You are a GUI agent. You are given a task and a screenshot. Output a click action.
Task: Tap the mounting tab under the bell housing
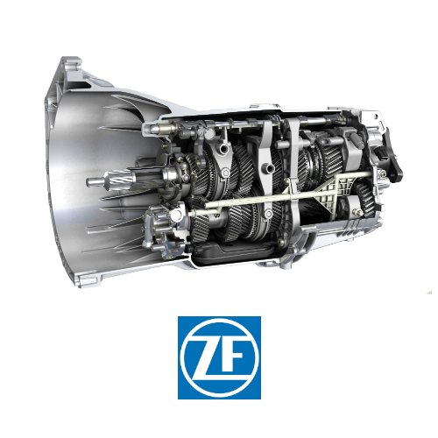coord(87,281)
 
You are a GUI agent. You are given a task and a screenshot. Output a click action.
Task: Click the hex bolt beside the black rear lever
coord(382,174)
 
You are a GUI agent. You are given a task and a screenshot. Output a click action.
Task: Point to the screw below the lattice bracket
coord(357,213)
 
